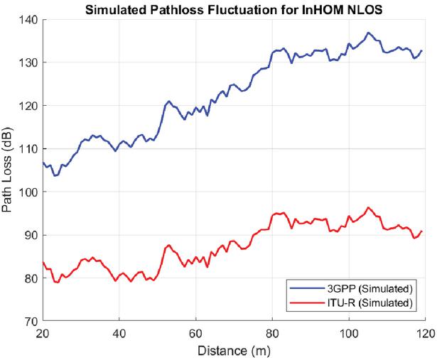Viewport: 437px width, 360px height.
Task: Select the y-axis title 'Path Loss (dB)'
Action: point(9,170)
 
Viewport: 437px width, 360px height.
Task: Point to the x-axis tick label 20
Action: point(43,332)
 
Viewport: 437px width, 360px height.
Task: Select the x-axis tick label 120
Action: point(425,332)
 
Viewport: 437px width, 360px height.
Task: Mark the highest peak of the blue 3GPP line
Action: point(368,33)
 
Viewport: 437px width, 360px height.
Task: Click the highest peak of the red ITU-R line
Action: point(368,207)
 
